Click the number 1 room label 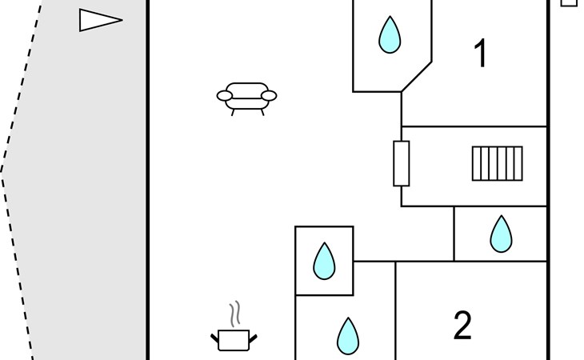point(481,54)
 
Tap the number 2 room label point(462,325)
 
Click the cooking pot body point(234,340)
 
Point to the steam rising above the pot point(234,314)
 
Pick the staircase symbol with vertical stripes point(498,163)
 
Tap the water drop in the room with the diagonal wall point(390,34)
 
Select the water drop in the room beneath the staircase point(501,234)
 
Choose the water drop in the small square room point(325,261)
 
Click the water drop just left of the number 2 point(348,336)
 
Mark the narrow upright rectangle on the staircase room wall point(402,163)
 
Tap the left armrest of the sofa point(225,96)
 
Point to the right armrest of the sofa point(269,96)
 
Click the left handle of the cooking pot point(214,338)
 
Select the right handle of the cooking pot point(253,338)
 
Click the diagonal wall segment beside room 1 point(416,77)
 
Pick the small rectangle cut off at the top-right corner point(568,3)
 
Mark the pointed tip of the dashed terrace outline point(1,172)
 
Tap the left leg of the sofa point(233,113)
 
